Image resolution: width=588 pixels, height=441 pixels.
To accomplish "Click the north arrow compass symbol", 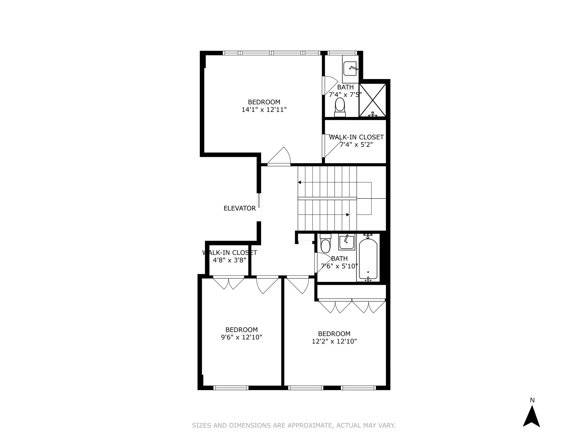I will pos(531,417).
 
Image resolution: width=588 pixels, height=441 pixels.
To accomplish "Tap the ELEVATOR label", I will pos(239,208).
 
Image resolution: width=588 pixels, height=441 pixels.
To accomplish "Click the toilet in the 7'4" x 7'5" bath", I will pos(340,107).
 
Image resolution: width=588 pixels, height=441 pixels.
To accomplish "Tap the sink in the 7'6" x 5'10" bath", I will pos(346,243).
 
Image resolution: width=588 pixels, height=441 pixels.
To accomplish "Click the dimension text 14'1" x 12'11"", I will pos(264,110).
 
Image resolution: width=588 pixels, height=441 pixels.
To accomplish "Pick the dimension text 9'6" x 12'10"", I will pos(242,337).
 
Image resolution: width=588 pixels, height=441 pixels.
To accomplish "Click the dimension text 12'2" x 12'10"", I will pos(334,341).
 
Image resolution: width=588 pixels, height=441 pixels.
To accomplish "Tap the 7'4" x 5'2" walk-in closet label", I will pos(356,141).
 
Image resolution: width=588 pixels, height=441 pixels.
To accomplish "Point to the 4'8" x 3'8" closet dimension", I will pos(229,260).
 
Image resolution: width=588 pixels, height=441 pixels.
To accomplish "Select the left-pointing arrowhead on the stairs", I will pos(299,182).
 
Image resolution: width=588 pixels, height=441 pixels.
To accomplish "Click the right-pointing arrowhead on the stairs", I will pos(348,215).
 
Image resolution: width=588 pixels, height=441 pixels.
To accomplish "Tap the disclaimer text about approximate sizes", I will pos(294,426).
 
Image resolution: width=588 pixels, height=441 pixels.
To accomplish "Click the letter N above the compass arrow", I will pos(532,400).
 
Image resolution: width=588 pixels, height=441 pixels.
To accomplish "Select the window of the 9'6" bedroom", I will pos(231,388).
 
